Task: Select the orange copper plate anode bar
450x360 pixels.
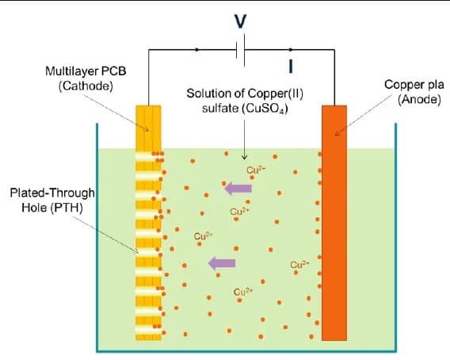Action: tap(334, 222)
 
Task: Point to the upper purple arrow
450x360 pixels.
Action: tap(238, 188)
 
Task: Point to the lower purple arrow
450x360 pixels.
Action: tap(221, 262)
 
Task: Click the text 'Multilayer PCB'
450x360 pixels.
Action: tap(86, 71)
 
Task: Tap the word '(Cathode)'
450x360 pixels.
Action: tap(86, 85)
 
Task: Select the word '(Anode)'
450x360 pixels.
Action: tap(418, 99)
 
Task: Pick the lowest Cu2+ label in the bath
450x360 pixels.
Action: tap(242, 293)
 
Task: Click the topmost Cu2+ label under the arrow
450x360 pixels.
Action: tap(255, 169)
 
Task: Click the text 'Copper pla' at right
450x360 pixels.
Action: tap(410, 85)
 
